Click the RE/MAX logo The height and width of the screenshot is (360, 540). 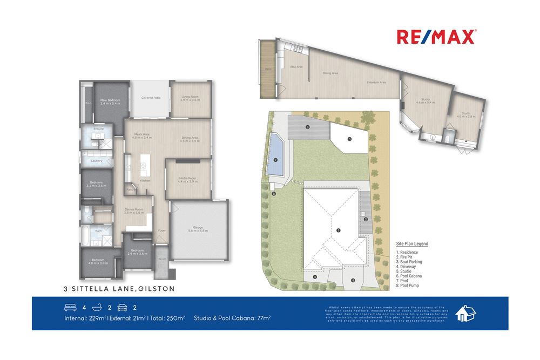pyautogui.click(x=436, y=37)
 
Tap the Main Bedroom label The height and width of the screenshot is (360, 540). pyautogui.click(x=110, y=101)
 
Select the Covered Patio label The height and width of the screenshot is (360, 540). pyautogui.click(x=151, y=98)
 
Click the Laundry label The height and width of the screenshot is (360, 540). pyautogui.click(x=97, y=161)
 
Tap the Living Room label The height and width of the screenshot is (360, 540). pyautogui.click(x=190, y=98)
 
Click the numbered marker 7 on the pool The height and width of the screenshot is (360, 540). pyautogui.click(x=275, y=160)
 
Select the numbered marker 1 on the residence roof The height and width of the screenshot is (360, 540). pyautogui.click(x=338, y=230)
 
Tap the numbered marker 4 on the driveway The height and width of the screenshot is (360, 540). pyautogui.click(x=353, y=280)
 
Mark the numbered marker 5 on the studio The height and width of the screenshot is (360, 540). pyautogui.click(x=349, y=139)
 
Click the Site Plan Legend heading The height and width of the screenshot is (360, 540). pyautogui.click(x=412, y=244)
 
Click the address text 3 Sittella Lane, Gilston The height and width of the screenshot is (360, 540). pyautogui.click(x=119, y=289)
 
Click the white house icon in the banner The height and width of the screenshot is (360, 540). pyautogui.click(x=465, y=314)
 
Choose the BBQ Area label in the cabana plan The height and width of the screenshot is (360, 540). pyautogui.click(x=296, y=67)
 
